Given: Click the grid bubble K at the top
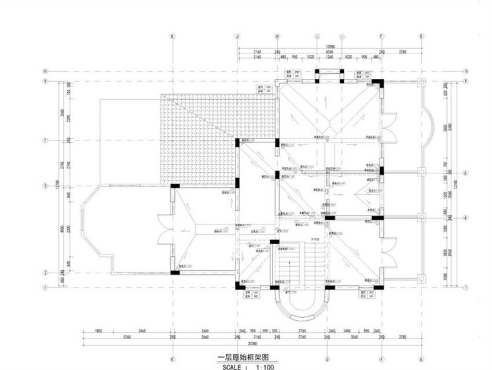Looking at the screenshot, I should click(x=172, y=35).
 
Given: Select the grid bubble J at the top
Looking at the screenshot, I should click(x=237, y=35).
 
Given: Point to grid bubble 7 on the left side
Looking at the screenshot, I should click(x=44, y=140).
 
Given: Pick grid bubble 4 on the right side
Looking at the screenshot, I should click(x=465, y=218).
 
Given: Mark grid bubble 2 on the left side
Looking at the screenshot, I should click(x=44, y=272).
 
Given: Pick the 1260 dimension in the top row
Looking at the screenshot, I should click(x=329, y=57).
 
